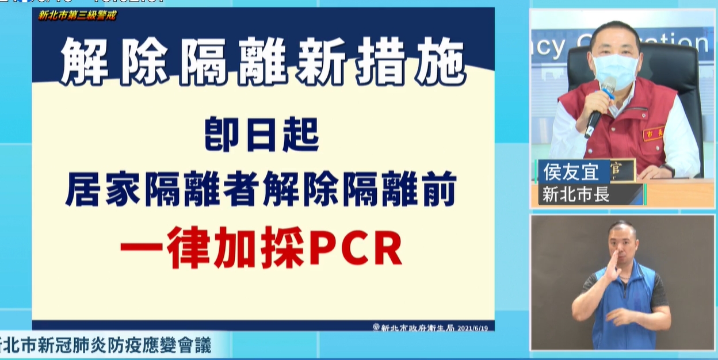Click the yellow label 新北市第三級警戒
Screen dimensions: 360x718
[x=77, y=16]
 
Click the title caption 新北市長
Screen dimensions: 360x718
[x=576, y=195]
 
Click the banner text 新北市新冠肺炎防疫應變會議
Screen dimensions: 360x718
[x=106, y=346]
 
